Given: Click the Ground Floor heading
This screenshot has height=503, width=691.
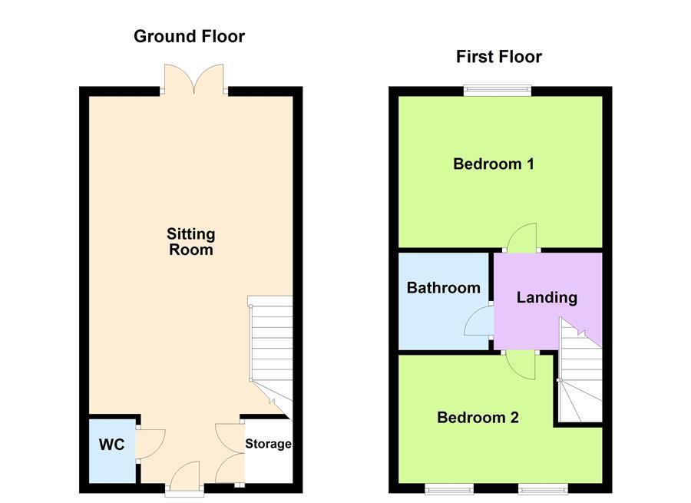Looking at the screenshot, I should coord(190,36).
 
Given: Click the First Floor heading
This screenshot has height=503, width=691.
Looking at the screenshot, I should coord(498,57).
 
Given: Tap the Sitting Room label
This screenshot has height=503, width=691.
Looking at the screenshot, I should coord(191,242).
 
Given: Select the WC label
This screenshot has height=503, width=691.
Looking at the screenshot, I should coord(111,445).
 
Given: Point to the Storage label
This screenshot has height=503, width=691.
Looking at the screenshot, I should coord(268,444).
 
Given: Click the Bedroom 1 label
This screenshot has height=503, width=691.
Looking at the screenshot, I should coord(493,164).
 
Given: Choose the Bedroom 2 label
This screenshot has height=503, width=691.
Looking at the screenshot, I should coord(478,418).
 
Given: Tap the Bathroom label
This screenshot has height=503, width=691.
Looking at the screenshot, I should coord(443,288).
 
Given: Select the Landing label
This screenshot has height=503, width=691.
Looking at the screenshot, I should coord(546,297).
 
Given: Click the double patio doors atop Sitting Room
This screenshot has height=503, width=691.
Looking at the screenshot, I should coord(193,78).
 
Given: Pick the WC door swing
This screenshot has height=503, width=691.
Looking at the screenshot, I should coord(150,443).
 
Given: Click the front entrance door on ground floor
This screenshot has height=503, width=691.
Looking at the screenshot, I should coord(184,475).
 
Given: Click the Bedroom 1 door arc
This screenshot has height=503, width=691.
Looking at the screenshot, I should coord(521,237).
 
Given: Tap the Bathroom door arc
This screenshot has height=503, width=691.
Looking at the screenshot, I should coord(479,320).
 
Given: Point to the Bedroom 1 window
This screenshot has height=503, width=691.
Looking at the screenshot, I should coord(497,91).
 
